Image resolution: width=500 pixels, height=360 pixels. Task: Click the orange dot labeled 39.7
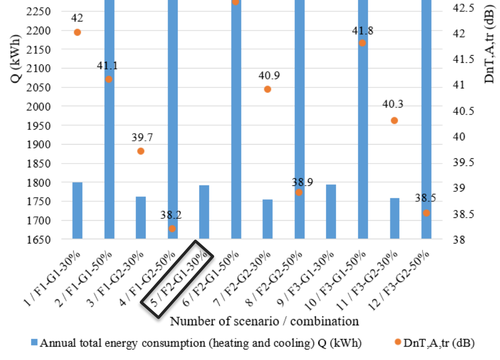tap(140, 151)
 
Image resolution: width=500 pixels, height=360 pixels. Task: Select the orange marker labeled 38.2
tap(172, 229)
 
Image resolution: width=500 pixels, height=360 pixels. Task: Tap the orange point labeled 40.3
tap(394, 121)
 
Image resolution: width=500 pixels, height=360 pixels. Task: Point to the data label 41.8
tap(362, 31)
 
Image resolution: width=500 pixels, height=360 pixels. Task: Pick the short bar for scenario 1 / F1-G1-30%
tap(78, 210)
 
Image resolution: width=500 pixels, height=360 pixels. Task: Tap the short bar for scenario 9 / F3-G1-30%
tap(331, 211)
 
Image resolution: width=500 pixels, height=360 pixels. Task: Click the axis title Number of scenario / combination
tap(265, 321)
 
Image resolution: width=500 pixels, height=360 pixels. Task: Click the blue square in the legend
tap(34, 342)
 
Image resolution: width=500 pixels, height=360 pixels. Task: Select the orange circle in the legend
tap(397, 342)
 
